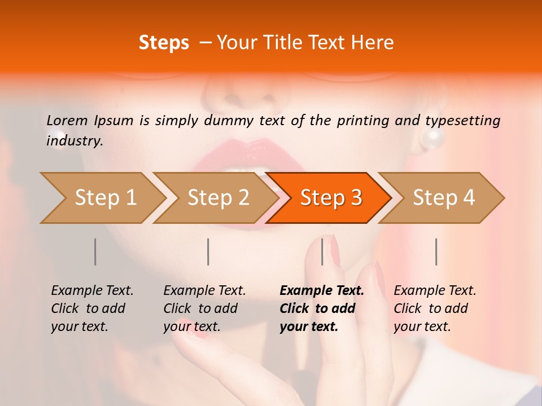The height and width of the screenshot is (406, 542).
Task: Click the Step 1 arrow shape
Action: [102, 198]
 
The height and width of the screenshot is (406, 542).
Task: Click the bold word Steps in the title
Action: [164, 43]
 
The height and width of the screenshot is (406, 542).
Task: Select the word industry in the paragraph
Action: [73, 141]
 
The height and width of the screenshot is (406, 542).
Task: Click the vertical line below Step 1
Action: [95, 251]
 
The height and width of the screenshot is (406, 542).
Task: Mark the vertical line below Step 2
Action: [208, 251]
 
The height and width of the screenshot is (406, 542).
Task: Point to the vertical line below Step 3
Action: [322, 251]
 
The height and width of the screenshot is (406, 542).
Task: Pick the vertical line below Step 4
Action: [436, 251]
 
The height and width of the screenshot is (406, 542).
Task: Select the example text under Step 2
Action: [204, 308]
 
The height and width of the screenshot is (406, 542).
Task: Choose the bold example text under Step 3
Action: [321, 308]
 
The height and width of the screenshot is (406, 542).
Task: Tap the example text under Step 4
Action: [434, 308]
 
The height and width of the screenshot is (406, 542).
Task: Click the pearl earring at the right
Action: [435, 137]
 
